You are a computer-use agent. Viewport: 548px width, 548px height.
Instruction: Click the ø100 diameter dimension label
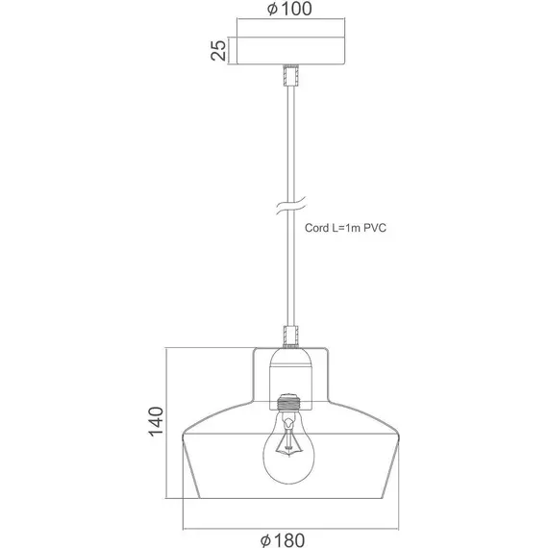point(289,9)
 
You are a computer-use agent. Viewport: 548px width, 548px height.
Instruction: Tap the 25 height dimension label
point(218,50)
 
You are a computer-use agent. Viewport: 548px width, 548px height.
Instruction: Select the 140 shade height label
point(156,421)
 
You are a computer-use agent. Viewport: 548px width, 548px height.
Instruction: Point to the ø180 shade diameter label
point(283,540)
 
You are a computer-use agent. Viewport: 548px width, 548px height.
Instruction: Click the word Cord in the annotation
point(316,228)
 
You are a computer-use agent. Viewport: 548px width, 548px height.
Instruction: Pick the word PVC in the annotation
point(375,228)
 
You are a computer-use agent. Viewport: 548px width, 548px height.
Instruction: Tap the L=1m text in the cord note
point(346,228)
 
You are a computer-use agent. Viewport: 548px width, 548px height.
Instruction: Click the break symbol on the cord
point(290,206)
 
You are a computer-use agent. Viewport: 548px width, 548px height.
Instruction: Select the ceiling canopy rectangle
point(290,51)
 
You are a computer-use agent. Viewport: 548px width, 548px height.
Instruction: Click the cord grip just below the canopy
point(290,75)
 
